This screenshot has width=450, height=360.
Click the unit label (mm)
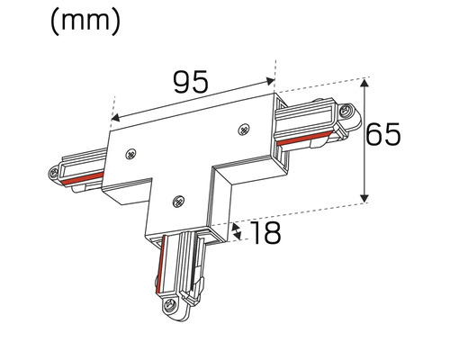pos(85,21)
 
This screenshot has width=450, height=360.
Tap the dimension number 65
pos(395,136)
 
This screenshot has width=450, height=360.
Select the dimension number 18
pos(261,234)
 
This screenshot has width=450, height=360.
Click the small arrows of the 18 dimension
pos(237,230)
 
